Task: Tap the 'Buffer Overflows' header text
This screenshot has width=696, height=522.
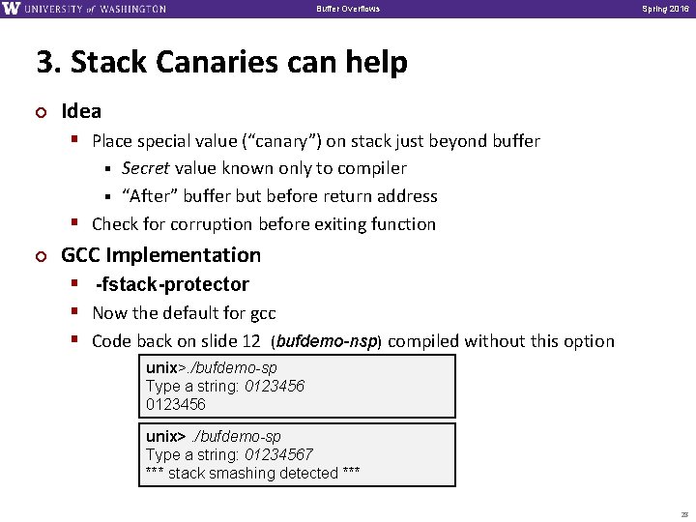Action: pos(348,10)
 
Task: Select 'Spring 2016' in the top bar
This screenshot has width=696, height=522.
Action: pos(661,10)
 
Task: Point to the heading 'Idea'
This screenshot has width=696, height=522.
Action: pos(81,111)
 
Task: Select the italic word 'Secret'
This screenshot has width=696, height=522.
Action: pos(146,168)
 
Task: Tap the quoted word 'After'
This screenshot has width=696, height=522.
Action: pos(148,196)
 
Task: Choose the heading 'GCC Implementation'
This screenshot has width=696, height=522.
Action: pos(160,255)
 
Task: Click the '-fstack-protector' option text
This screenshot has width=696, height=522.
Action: pos(172,284)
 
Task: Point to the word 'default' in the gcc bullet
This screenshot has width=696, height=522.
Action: pos(193,313)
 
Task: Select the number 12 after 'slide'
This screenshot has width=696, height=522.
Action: pos(253,341)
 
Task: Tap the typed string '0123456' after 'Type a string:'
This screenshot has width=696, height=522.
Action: pos(275,386)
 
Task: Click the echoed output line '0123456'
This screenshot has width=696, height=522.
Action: pos(176,403)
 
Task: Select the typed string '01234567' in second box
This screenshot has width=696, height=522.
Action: pos(278,454)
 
